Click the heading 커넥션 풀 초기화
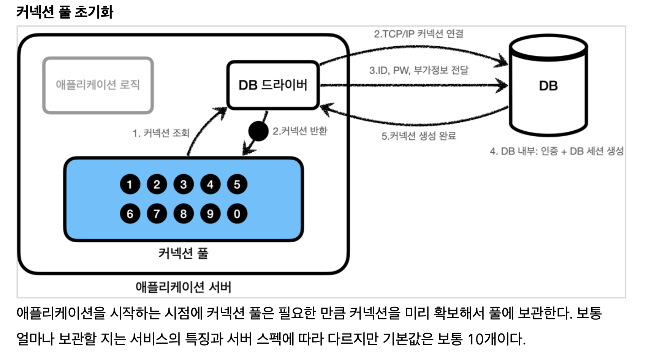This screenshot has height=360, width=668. click(65, 12)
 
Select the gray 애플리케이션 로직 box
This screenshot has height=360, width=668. click(98, 85)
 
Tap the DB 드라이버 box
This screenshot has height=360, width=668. click(273, 85)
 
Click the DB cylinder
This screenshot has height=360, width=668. click(548, 86)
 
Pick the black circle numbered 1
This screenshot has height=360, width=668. click(130, 185)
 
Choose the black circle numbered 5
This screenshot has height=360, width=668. click(237, 185)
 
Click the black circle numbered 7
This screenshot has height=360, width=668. click(157, 214)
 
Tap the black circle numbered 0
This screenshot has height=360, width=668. click(237, 214)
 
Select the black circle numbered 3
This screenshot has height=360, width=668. click(184, 185)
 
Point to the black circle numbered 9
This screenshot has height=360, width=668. click(210, 214)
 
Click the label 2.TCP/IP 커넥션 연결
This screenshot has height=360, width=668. click(418, 34)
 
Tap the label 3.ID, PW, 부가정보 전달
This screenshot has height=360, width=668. click(419, 70)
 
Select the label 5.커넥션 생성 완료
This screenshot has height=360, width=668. click(418, 136)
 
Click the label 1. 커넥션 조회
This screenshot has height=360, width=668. click(161, 133)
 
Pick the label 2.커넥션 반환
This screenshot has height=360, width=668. click(300, 131)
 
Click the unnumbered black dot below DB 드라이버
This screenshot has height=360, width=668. click(258, 131)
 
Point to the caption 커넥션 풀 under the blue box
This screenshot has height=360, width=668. click(183, 253)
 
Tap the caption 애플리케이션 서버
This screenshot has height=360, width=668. click(183, 287)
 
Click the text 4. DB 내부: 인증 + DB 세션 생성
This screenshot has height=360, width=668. click(557, 151)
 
